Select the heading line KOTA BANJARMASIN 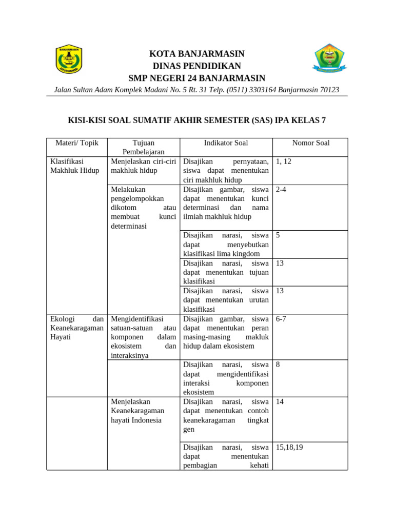(x=196, y=54)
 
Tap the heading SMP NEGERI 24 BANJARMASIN (x=196, y=78)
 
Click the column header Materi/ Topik (x=76, y=143)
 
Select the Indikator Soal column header (x=226, y=143)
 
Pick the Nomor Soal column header (x=310, y=143)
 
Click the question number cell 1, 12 (x=284, y=161)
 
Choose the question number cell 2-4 (x=281, y=190)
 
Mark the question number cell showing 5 (x=278, y=235)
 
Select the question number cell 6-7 (x=281, y=319)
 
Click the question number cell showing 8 (x=278, y=365)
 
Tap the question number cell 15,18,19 (x=289, y=447)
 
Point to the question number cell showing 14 (x=280, y=402)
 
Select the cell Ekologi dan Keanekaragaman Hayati (x=76, y=328)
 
